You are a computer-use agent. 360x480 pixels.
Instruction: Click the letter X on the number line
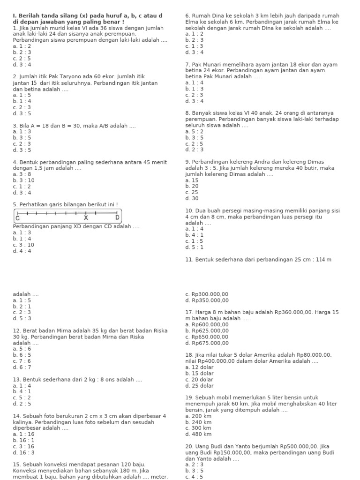pyautogui.click(x=86, y=218)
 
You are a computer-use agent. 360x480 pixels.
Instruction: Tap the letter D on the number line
pyautogui.click(x=118, y=218)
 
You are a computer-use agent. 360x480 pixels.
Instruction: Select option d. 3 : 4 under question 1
pyautogui.click(x=22, y=65)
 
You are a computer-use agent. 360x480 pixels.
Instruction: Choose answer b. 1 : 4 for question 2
pyautogui.click(x=22, y=101)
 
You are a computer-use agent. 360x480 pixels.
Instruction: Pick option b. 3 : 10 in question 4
pyautogui.click(x=24, y=180)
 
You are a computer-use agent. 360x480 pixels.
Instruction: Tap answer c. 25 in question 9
pyautogui.click(x=192, y=192)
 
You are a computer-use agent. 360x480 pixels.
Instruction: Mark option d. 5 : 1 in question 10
pyautogui.click(x=195, y=247)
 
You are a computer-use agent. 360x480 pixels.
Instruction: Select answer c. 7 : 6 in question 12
pyautogui.click(x=22, y=361)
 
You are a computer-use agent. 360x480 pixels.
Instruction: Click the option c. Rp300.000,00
pyautogui.click(x=207, y=294)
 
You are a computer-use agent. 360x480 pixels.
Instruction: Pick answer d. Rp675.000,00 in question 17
pyautogui.click(x=207, y=343)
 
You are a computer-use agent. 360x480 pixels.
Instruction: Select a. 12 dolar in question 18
pyautogui.click(x=199, y=367)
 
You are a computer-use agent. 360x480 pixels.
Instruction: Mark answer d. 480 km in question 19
pyautogui.click(x=198, y=434)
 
